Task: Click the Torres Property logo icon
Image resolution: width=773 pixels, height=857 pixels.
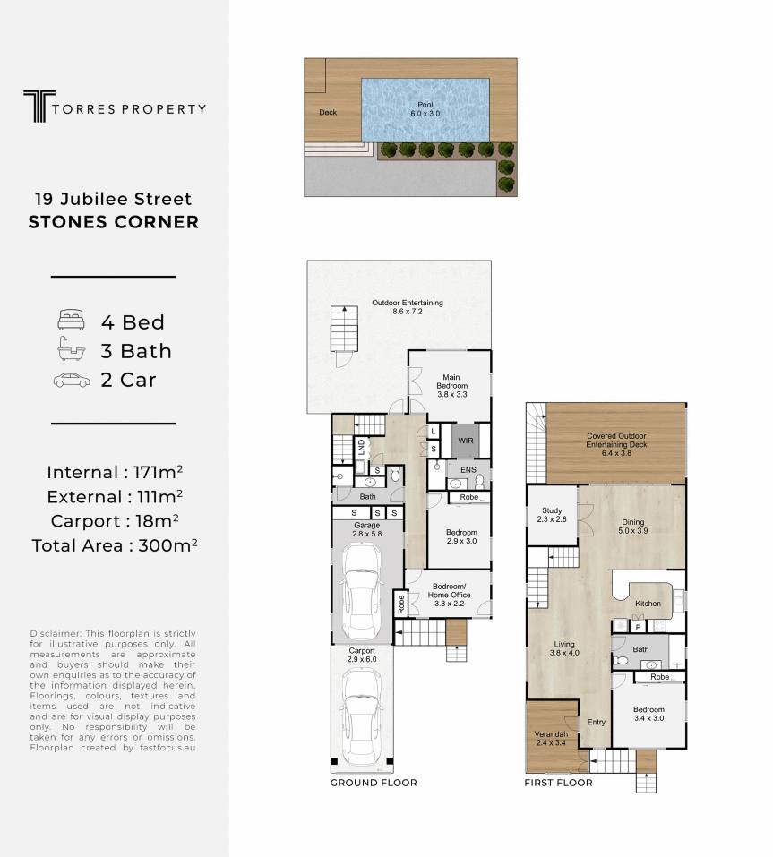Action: click(39, 106)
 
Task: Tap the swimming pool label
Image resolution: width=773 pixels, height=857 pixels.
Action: click(425, 108)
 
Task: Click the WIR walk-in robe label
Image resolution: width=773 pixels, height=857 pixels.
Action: click(466, 441)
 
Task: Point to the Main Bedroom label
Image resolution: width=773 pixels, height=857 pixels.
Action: click(451, 385)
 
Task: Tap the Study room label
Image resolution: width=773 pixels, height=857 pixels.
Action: click(552, 515)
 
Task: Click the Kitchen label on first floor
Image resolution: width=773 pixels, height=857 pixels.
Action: click(648, 604)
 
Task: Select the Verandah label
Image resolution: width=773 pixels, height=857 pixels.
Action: click(551, 739)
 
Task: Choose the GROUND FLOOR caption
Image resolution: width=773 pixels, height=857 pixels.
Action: click(374, 783)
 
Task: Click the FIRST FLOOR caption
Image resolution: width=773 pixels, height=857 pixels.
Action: click(558, 783)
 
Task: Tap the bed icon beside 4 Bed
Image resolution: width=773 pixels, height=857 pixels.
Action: click(71, 320)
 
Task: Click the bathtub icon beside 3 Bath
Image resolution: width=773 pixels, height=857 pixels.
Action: click(71, 348)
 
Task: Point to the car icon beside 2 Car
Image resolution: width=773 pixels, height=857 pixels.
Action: click(72, 380)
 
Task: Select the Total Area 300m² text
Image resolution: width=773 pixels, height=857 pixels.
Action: click(115, 545)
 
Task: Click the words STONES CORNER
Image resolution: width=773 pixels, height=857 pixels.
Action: click(114, 222)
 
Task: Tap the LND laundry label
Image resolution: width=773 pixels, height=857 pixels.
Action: click(361, 448)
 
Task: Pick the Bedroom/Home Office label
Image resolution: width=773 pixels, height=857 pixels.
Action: click(450, 595)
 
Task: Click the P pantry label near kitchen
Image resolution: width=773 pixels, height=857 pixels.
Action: click(638, 628)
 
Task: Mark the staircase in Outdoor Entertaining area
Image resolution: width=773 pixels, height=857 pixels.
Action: click(344, 329)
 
